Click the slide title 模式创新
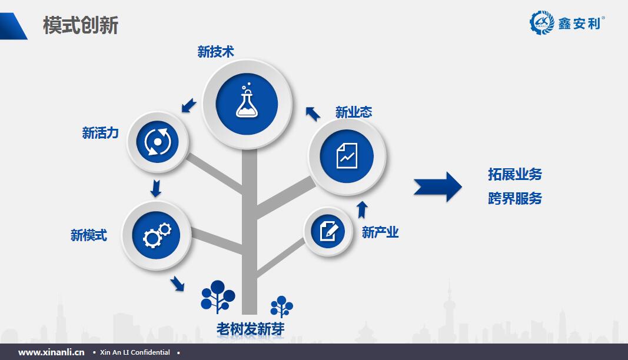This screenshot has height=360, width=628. [81, 25]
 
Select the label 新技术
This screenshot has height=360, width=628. [215, 52]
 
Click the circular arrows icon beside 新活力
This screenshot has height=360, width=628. [157, 142]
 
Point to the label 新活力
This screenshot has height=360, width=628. [100, 132]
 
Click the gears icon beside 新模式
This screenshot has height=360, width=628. [157, 235]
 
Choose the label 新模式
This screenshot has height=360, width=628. [89, 235]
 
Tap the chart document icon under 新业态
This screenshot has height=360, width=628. [347, 156]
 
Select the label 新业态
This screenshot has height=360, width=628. [354, 112]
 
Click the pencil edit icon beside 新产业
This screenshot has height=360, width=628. [329, 231]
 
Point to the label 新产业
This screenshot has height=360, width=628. [380, 232]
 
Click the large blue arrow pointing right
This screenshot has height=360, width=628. [438, 187]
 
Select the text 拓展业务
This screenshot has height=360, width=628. [514, 174]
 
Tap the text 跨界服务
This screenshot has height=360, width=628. [514, 198]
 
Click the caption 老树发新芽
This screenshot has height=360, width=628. [250, 329]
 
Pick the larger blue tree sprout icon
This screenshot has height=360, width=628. [218, 296]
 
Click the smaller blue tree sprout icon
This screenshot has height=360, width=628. [281, 306]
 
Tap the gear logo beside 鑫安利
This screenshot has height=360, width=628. [541, 22]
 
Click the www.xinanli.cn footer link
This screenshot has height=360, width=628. [51, 352]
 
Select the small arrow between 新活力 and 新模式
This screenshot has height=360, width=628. [156, 188]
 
